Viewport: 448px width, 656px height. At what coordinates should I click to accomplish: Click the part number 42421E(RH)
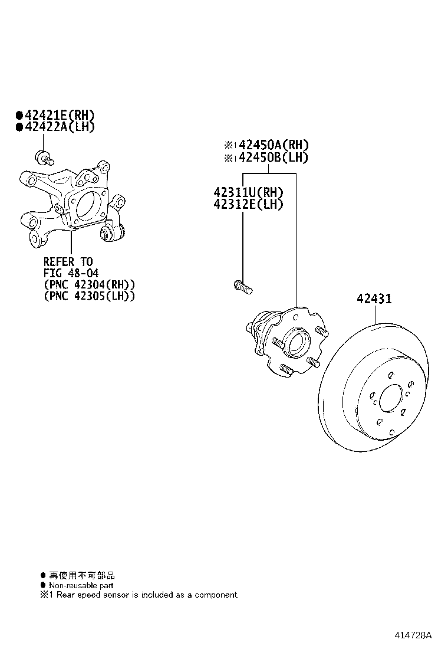click(x=60, y=115)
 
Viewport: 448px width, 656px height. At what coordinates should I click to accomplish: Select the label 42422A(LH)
click(x=60, y=127)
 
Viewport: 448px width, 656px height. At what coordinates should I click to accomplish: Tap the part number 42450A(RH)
click(x=274, y=145)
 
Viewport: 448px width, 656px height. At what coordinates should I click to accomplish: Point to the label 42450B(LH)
click(x=274, y=158)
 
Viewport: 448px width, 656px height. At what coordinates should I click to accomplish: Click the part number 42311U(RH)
click(x=248, y=192)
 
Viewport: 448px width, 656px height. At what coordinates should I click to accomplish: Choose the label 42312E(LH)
click(x=248, y=204)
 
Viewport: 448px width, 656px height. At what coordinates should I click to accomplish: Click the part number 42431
click(x=374, y=299)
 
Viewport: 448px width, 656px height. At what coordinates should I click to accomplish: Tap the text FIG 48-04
click(x=71, y=273)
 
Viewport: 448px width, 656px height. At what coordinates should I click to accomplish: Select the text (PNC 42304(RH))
click(x=90, y=284)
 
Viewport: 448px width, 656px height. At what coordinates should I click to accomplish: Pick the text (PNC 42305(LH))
click(x=90, y=296)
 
